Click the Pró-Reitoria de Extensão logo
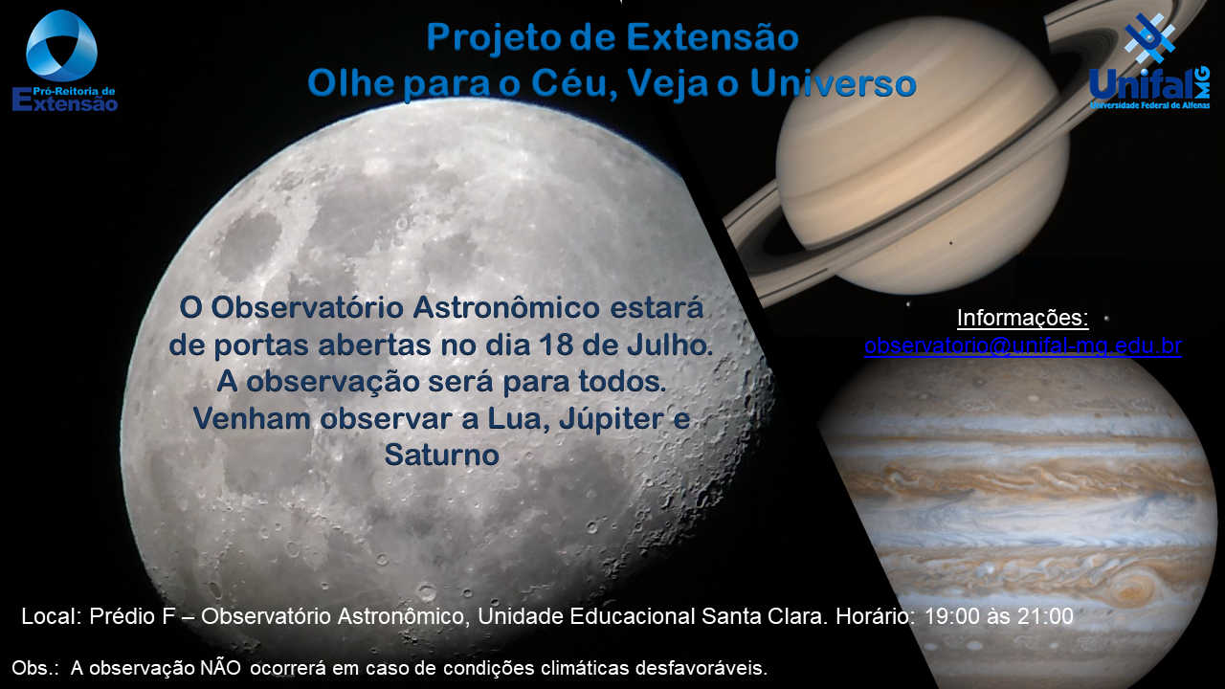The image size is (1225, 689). click(64, 61)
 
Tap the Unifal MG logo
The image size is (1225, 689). click(1149, 61)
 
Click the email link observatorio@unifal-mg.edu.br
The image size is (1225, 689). click(1023, 346)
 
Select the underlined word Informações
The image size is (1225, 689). click(1023, 318)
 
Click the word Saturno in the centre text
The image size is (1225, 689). click(442, 455)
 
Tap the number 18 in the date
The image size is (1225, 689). click(556, 345)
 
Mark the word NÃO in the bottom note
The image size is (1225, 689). click(220, 668)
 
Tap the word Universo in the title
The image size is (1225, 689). click(833, 83)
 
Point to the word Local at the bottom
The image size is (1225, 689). click(52, 616)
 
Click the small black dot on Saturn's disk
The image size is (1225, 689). click(951, 243)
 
